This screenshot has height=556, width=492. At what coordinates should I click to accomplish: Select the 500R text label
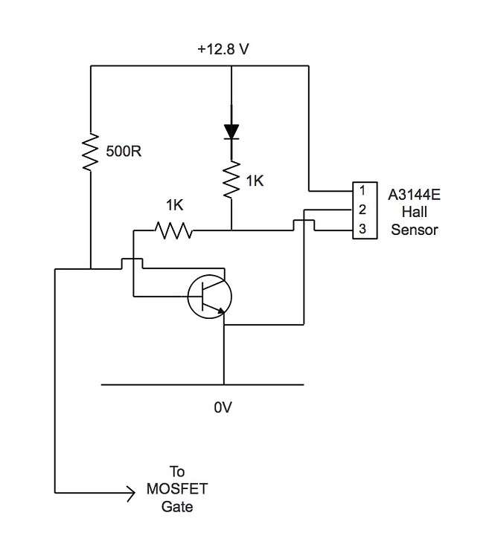click(x=123, y=152)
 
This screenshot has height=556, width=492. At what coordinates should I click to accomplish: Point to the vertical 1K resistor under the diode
click(x=231, y=178)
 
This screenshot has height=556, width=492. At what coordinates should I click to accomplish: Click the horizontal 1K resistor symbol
click(x=173, y=230)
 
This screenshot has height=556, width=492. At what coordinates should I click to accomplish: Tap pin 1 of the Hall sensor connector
click(x=362, y=192)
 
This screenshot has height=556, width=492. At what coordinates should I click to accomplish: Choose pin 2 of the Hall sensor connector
click(x=362, y=210)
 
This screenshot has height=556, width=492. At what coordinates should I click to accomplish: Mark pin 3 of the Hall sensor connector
click(x=362, y=230)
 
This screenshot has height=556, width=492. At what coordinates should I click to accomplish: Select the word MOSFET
click(x=176, y=489)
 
